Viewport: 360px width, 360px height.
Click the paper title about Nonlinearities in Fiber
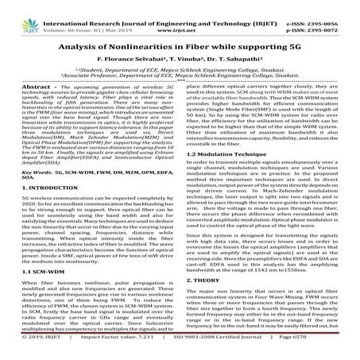(x=180, y=47)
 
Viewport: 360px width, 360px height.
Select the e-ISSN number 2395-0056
(x=336, y=8)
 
